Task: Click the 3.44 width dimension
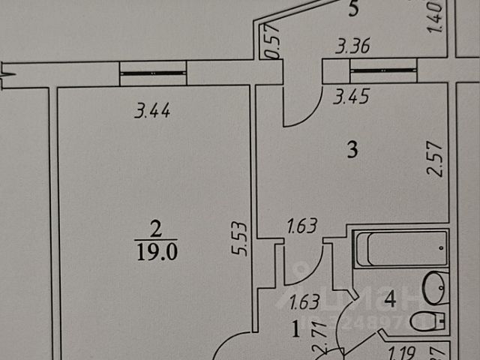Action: point(152,113)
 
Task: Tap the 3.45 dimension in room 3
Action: point(353,95)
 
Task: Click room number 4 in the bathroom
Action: point(389,298)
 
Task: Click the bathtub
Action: point(401,249)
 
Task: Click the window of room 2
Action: point(153,73)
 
